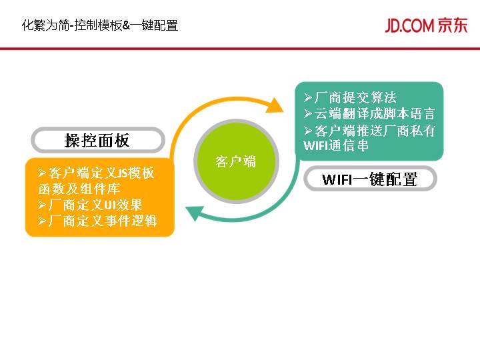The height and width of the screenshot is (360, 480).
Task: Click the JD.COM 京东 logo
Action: (426, 25)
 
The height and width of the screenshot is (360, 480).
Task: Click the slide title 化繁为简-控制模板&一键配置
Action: (100, 25)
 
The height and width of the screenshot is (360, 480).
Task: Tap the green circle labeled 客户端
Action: (236, 161)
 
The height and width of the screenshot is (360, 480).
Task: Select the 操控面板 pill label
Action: (98, 140)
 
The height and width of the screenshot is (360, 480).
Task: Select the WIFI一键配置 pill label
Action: (370, 179)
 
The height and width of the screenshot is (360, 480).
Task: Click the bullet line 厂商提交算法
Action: (350, 97)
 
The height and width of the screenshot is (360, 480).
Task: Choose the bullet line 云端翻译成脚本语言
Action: (369, 113)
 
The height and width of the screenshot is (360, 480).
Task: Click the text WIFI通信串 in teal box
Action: (335, 145)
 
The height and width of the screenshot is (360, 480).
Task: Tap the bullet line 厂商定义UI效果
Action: (90, 205)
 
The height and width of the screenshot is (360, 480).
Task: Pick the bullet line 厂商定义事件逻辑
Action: (97, 221)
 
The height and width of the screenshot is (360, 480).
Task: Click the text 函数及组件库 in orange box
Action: (79, 189)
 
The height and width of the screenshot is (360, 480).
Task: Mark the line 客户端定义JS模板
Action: (96, 173)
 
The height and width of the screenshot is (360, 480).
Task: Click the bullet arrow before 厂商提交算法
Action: (308, 98)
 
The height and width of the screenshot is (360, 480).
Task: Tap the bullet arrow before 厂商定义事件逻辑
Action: (43, 221)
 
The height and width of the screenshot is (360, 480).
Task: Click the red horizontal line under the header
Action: (240, 49)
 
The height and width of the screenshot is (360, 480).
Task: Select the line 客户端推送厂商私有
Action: (369, 131)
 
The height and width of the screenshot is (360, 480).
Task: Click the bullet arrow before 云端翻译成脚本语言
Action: (308, 114)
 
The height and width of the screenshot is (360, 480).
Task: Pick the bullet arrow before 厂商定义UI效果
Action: (43, 205)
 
